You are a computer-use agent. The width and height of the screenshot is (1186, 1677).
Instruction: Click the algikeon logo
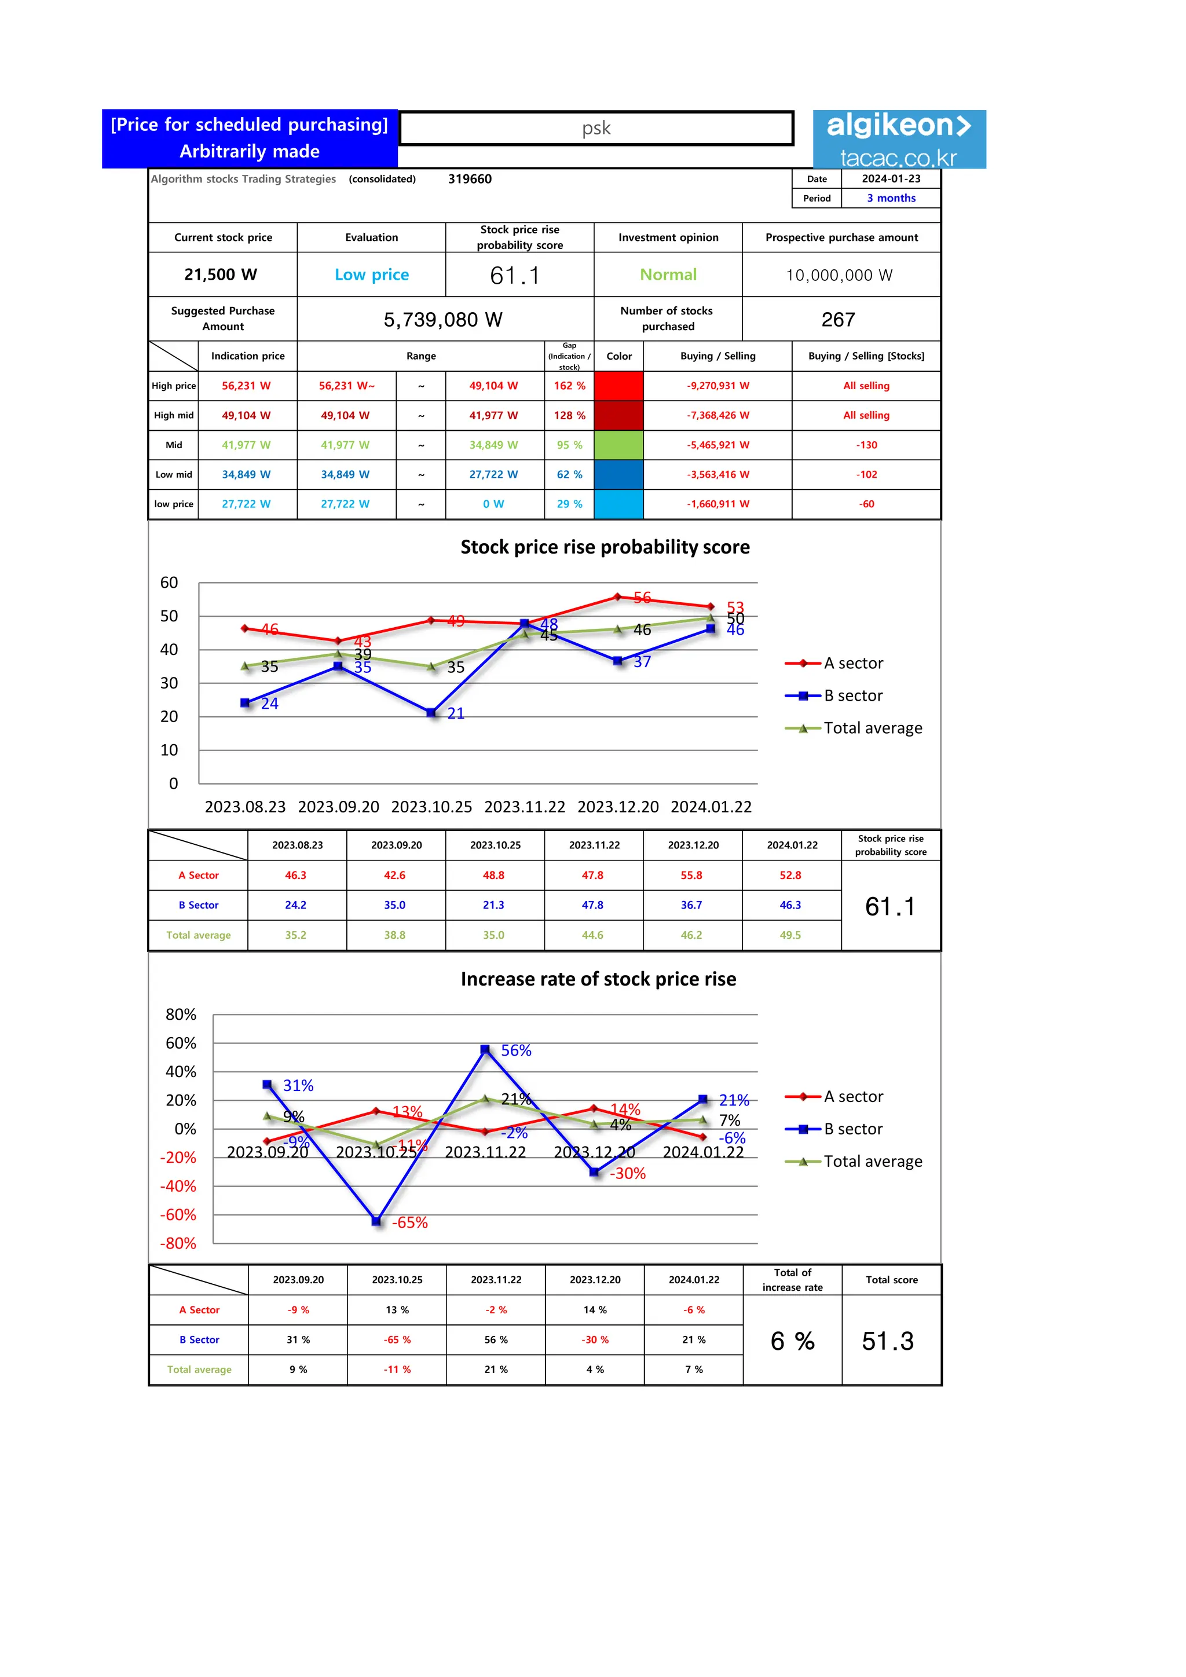[899, 140]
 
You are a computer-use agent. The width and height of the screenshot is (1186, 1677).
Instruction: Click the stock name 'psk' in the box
[596, 129]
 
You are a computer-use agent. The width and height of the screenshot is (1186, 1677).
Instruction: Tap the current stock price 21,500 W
[221, 274]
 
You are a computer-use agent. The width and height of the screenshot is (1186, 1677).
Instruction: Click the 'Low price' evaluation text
[372, 274]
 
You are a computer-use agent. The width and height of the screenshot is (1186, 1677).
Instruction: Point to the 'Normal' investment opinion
[668, 274]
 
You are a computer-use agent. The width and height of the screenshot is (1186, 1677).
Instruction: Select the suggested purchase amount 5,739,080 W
[443, 319]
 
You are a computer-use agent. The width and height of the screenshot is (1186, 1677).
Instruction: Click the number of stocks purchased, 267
[837, 319]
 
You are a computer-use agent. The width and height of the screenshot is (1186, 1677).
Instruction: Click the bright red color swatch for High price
[618, 386]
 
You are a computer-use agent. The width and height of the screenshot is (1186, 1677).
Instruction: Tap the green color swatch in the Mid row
[618, 445]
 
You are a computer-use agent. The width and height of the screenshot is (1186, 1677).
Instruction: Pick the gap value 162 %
[569, 386]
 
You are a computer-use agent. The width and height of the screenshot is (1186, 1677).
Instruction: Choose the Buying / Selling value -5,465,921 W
[718, 445]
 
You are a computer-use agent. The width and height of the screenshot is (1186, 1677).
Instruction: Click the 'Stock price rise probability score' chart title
[605, 547]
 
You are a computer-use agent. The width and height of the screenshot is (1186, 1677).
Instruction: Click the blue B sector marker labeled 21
[431, 712]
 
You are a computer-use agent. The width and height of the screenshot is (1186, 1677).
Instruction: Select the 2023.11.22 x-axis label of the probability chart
[524, 807]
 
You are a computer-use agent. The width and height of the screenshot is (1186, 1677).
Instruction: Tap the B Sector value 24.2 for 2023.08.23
[296, 905]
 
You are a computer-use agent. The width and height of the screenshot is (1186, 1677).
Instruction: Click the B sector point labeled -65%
[376, 1221]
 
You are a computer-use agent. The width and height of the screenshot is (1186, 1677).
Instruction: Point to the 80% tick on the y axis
[181, 1015]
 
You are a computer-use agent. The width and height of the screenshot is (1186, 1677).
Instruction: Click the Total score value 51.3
[887, 1341]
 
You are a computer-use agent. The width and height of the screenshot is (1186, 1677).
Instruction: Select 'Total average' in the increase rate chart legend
[873, 1162]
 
